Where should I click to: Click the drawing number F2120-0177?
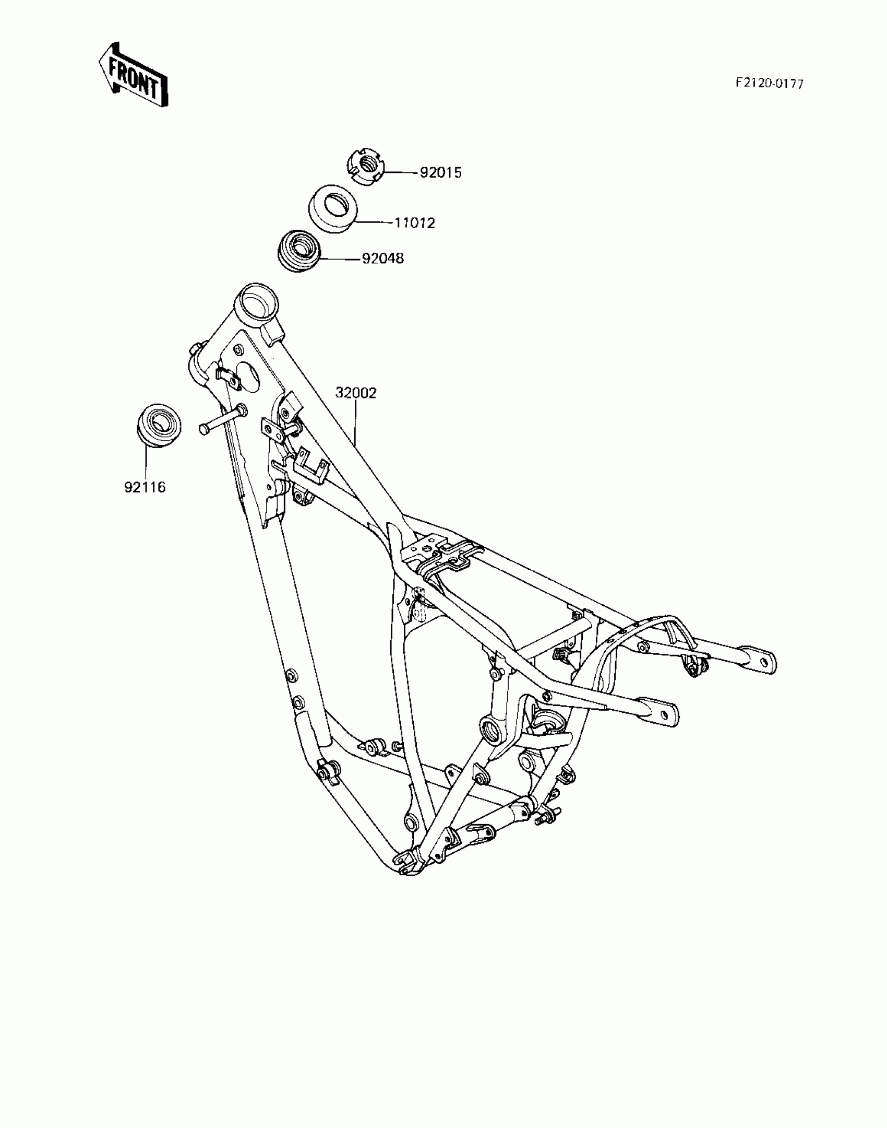pos(770,84)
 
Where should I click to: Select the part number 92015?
pos(441,173)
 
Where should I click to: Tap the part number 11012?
pos(414,224)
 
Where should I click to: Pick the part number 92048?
pos(383,258)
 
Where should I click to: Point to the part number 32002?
pos(356,393)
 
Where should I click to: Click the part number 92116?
pos(145,487)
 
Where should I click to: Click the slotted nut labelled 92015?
pos(366,166)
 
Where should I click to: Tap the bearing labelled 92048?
pos(299,250)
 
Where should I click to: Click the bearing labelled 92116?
pos(158,425)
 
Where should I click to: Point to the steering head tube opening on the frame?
pos(257,304)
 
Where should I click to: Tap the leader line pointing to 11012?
pos(372,222)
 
